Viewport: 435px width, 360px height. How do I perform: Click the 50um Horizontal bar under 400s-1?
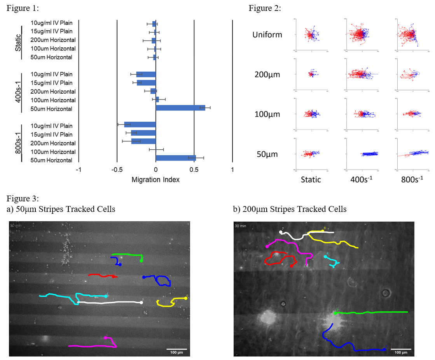click(180, 108)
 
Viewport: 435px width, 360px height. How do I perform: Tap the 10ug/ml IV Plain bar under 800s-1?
click(140, 125)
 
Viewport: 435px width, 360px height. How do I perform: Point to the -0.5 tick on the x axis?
click(117, 170)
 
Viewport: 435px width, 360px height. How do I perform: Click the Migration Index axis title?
click(155, 180)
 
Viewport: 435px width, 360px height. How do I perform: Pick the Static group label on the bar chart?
click(18, 40)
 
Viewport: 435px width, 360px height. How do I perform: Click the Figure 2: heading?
click(265, 9)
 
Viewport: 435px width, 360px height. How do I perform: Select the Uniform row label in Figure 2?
click(267, 35)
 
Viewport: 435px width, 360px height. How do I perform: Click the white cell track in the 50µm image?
click(109, 302)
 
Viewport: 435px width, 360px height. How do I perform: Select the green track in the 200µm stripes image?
click(371, 312)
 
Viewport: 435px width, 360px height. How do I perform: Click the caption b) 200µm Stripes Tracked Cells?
click(290, 209)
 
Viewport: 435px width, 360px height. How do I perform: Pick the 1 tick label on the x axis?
click(232, 170)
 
